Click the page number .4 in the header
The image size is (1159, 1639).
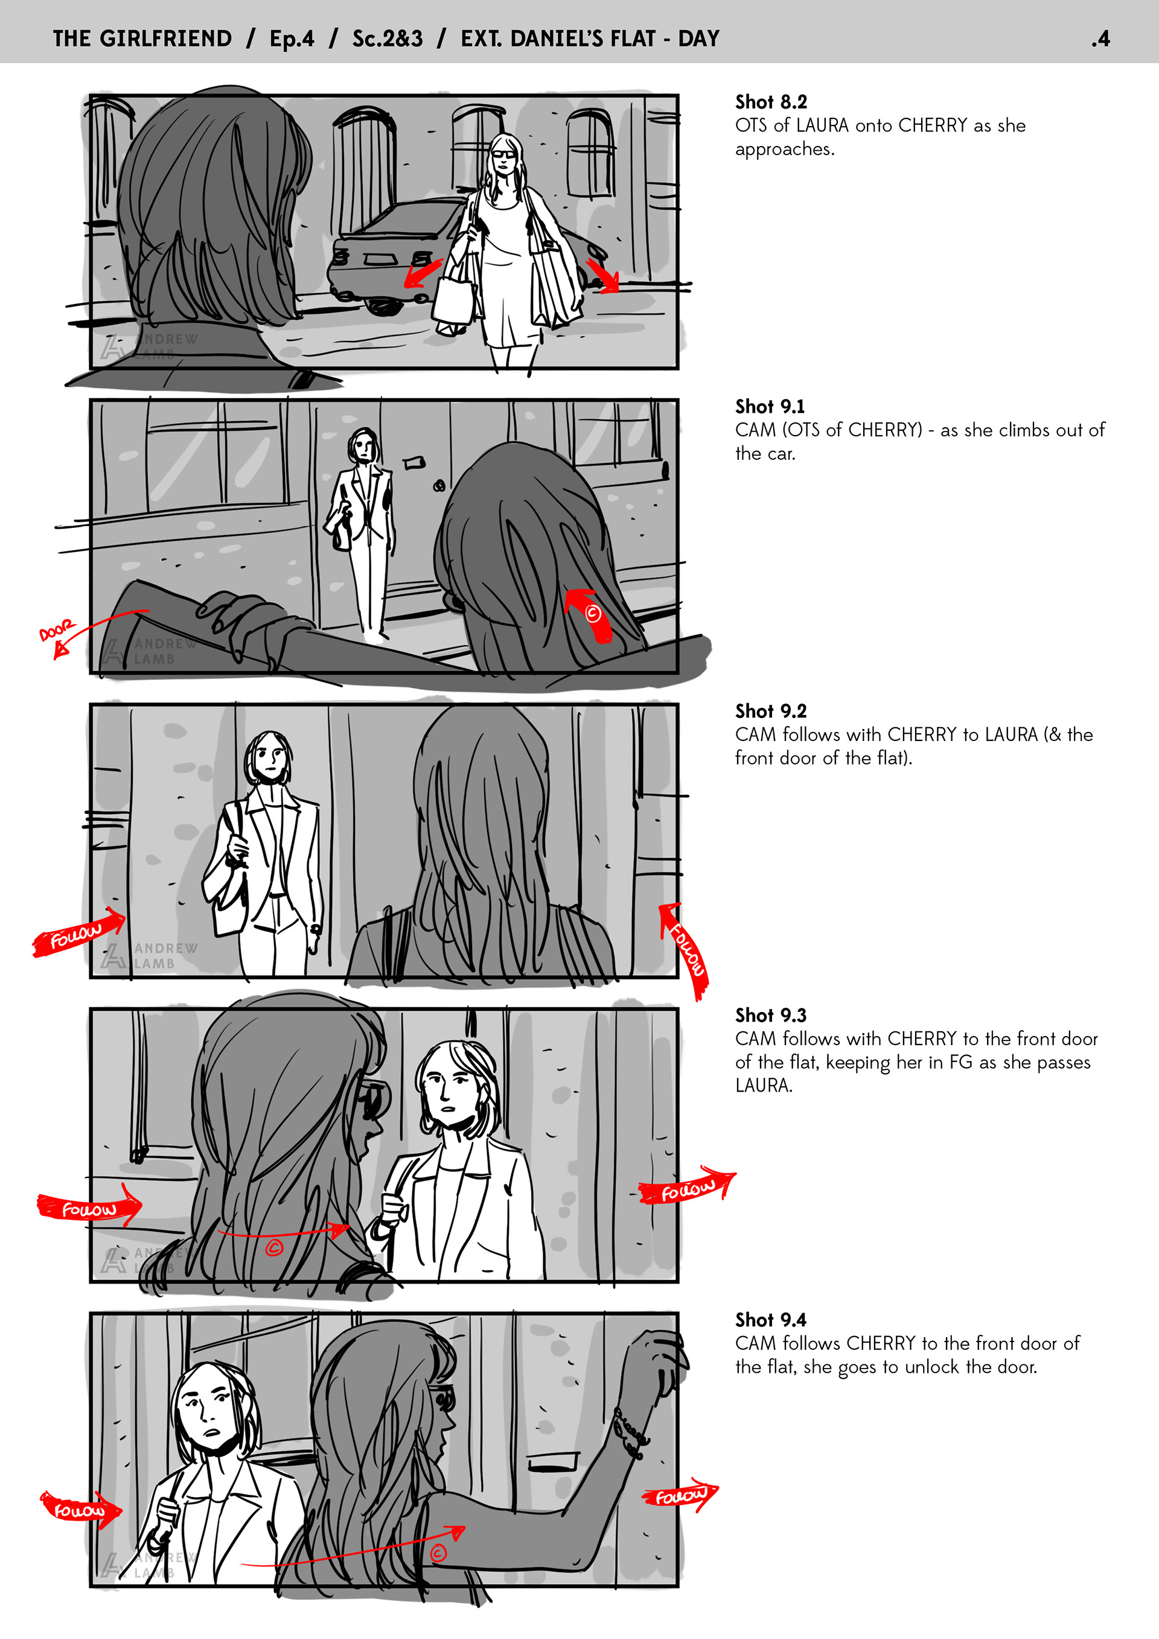tap(1100, 39)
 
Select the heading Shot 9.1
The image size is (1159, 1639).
tap(770, 406)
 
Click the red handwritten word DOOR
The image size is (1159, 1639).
tap(56, 631)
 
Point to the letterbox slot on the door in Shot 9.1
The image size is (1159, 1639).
tap(413, 463)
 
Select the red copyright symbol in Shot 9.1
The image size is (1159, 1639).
tap(593, 613)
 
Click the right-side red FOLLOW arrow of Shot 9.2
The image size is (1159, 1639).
tap(685, 950)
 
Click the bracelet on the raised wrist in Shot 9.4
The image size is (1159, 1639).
tap(631, 1431)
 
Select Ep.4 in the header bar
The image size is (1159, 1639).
tap(292, 39)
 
